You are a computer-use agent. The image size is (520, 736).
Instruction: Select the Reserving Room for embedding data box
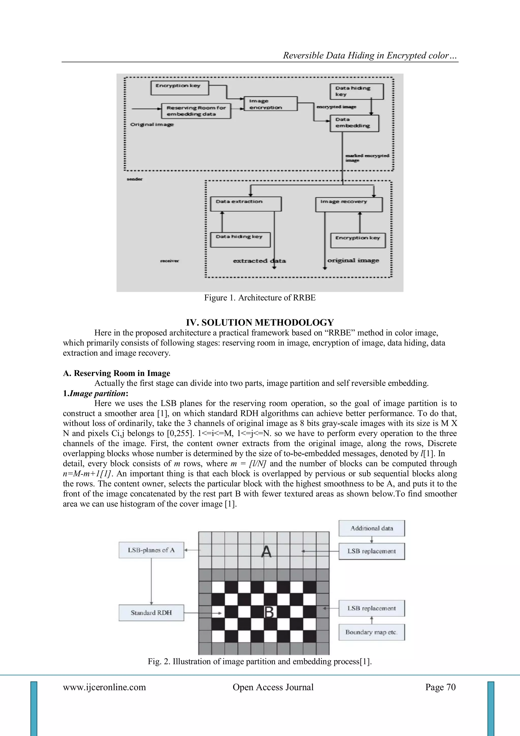click(196, 111)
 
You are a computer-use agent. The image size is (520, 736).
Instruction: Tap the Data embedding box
click(354, 123)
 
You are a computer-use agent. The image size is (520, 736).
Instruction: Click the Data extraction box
click(246, 204)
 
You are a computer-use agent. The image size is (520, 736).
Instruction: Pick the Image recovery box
click(349, 204)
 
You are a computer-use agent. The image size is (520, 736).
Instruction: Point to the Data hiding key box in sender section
click(356, 91)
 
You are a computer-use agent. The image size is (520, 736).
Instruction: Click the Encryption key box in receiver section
click(358, 240)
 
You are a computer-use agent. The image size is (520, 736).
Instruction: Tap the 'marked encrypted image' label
click(367, 158)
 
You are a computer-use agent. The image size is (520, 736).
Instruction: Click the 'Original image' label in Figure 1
click(152, 124)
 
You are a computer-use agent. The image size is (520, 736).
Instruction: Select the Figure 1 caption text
click(260, 298)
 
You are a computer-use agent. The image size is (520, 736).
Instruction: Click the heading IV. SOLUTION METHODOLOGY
click(260, 322)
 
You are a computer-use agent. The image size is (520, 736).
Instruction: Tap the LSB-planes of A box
click(151, 550)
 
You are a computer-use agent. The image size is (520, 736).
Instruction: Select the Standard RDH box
click(151, 613)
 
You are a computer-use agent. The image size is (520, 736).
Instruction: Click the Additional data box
click(371, 528)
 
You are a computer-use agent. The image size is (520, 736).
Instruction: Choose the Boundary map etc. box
click(371, 632)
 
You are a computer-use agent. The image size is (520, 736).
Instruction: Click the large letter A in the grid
click(266, 552)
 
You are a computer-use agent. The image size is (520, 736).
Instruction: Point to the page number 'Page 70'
click(440, 687)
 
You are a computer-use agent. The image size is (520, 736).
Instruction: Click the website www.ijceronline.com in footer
click(104, 687)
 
